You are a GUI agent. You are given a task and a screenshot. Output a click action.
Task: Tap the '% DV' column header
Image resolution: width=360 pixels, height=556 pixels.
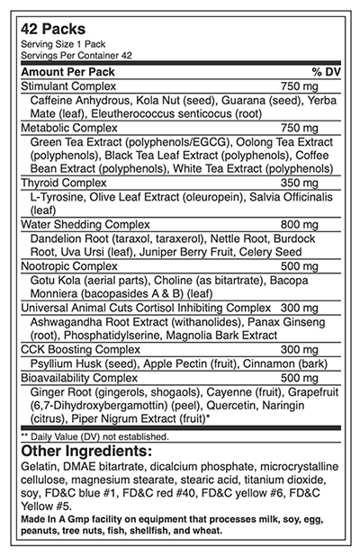click(324, 71)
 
